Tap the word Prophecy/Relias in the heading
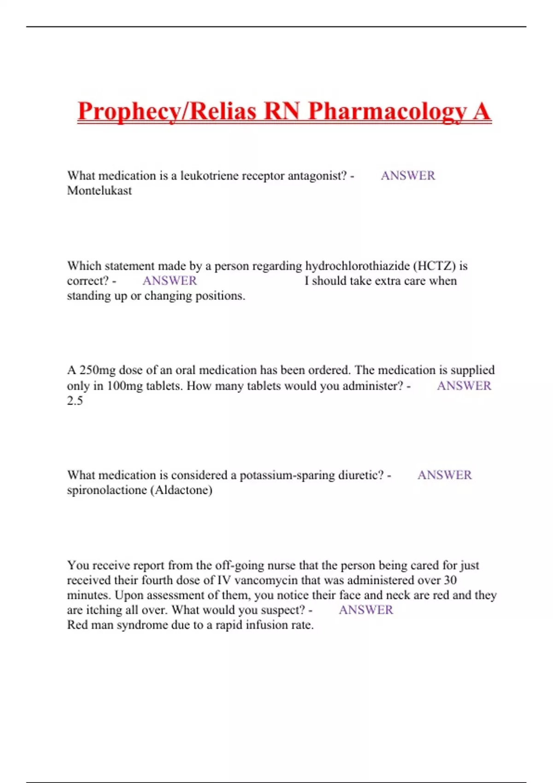click(x=167, y=112)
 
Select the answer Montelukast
click(x=100, y=191)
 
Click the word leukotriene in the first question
click(x=209, y=176)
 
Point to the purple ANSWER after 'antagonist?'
click(x=408, y=176)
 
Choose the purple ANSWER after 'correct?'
click(x=170, y=281)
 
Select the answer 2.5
click(x=75, y=401)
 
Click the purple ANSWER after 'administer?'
click(x=464, y=386)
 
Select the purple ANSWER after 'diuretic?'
click(x=444, y=475)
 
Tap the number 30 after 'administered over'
click(x=450, y=580)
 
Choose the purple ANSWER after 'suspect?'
click(x=366, y=610)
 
